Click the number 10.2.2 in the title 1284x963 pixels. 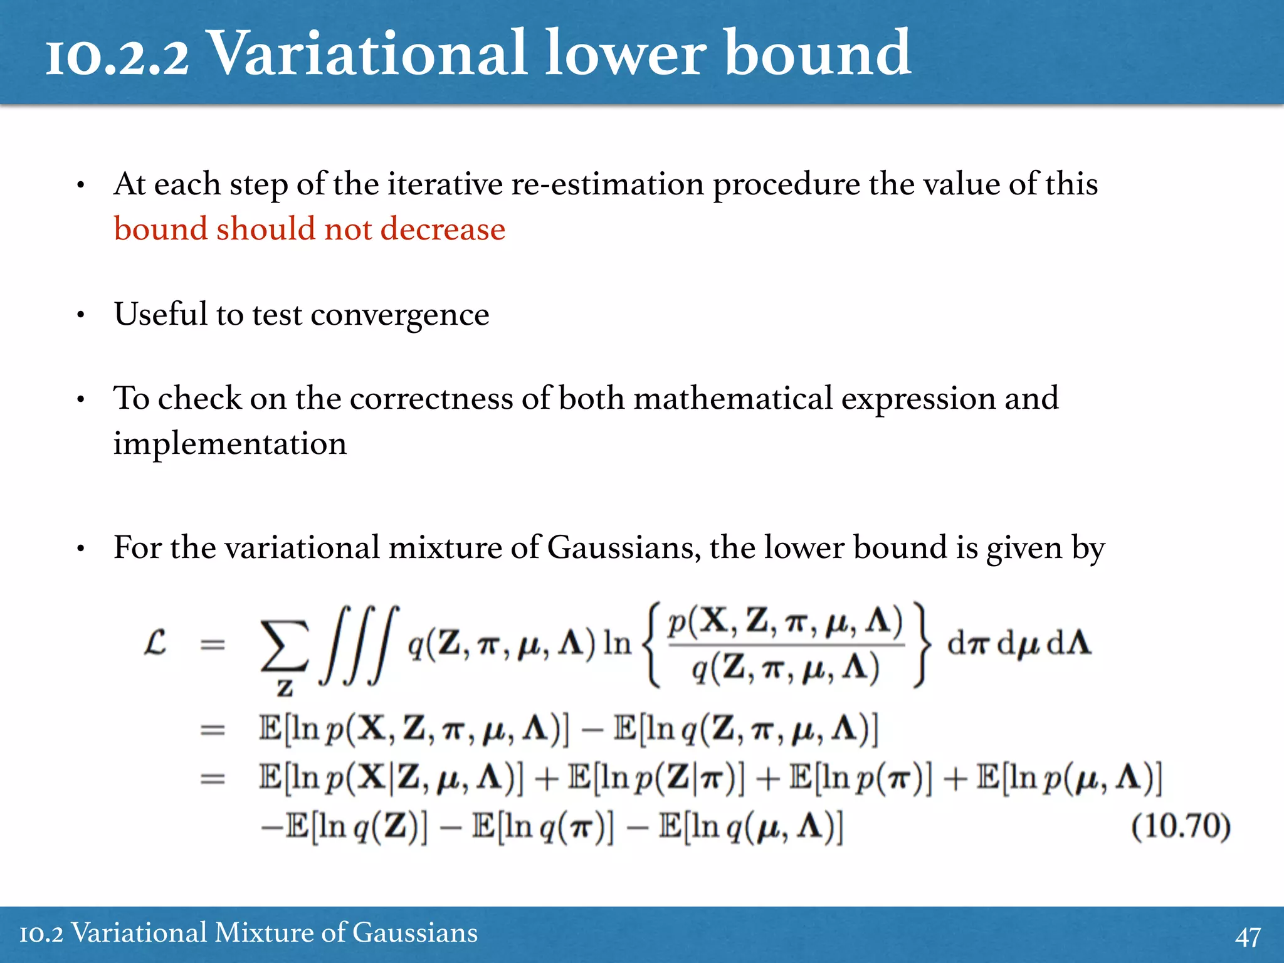(117, 56)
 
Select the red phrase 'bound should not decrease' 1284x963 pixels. (309, 229)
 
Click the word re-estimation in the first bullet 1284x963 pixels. (608, 184)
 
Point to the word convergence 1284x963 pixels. (400, 314)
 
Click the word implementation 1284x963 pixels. (229, 443)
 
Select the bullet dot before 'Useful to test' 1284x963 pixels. (80, 315)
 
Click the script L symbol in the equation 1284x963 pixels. (155, 643)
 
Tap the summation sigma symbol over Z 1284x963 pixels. (285, 646)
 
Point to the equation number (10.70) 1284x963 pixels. (1181, 826)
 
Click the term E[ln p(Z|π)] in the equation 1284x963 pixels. (656, 778)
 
